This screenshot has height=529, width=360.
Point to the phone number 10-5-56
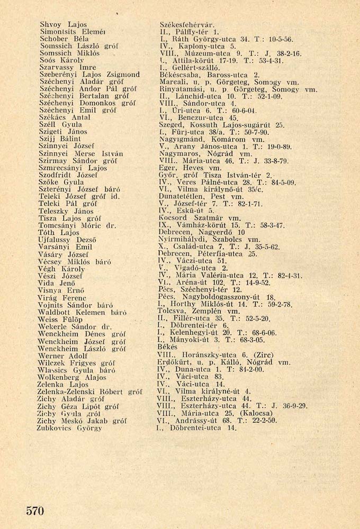click(281, 39)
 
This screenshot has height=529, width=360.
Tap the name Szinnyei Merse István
click(82, 154)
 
